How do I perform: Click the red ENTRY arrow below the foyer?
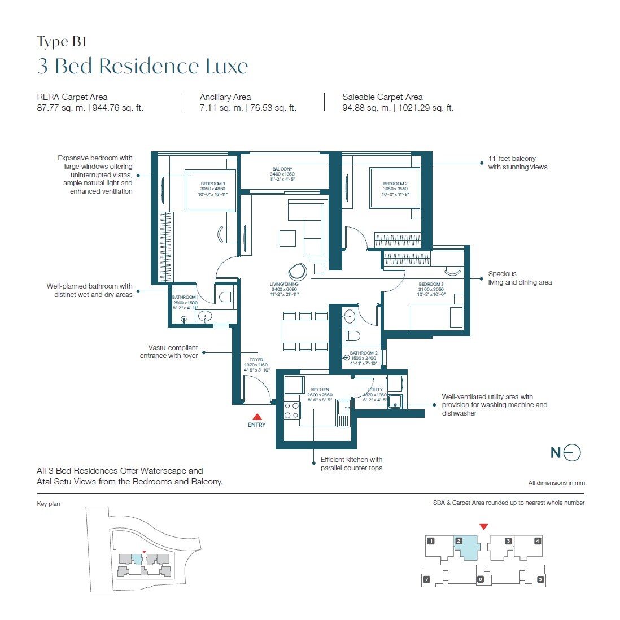click(x=256, y=417)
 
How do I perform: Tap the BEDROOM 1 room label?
click(x=212, y=184)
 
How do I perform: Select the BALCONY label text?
click(x=282, y=169)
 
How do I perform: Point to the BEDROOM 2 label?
click(x=395, y=184)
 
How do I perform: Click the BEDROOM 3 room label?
click(x=431, y=285)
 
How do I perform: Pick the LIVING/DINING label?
click(x=284, y=284)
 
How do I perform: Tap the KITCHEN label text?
click(x=320, y=390)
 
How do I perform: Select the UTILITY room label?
click(x=375, y=390)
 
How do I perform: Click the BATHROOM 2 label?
click(x=364, y=353)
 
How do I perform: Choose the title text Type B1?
click(x=62, y=42)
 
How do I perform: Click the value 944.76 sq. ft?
click(x=118, y=108)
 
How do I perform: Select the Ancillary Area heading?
click(x=225, y=97)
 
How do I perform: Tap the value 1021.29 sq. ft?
click(x=426, y=108)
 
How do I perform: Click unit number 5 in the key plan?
click(x=540, y=579)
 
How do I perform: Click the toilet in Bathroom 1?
click(x=226, y=296)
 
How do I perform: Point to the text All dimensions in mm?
click(x=556, y=483)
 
